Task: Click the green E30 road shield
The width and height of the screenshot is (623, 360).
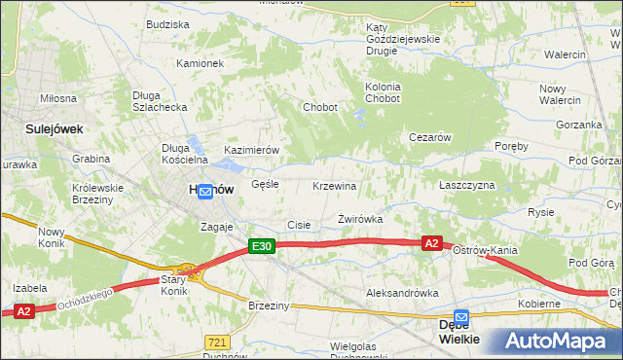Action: pyautogui.click(x=261, y=247)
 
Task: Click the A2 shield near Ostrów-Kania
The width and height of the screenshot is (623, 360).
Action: pyautogui.click(x=433, y=242)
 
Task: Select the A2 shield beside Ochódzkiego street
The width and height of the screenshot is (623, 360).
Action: pyautogui.click(x=24, y=311)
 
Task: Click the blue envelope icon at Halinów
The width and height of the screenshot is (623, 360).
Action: pyautogui.click(x=205, y=193)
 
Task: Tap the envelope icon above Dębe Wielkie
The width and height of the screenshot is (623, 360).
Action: pyautogui.click(x=461, y=317)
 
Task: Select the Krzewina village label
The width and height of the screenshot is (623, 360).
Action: pyautogui.click(x=335, y=186)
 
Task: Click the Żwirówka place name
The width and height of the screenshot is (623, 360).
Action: pyautogui.click(x=360, y=220)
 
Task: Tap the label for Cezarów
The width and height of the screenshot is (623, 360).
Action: pyautogui.click(x=429, y=138)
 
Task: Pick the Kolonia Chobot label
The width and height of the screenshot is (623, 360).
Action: pyautogui.click(x=383, y=92)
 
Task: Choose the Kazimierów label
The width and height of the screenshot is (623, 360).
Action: pyautogui.click(x=252, y=151)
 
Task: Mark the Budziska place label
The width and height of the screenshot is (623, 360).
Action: pyautogui.click(x=167, y=24)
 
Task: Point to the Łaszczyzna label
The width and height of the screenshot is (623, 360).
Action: pyautogui.click(x=467, y=185)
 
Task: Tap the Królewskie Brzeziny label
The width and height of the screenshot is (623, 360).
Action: pyautogui.click(x=98, y=194)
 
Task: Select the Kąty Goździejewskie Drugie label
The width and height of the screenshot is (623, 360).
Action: pyautogui.click(x=402, y=40)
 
